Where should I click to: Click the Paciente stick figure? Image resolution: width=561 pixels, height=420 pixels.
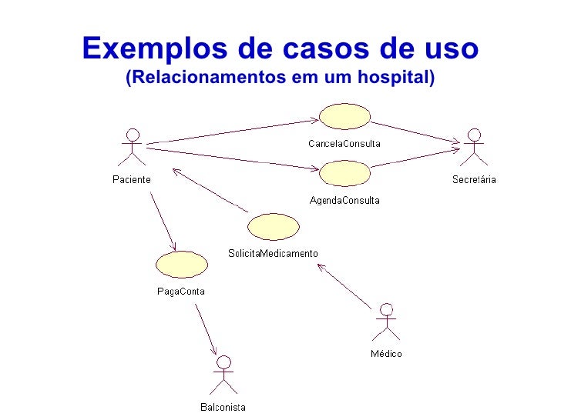(133, 147)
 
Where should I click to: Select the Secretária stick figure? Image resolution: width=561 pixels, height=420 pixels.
(474, 147)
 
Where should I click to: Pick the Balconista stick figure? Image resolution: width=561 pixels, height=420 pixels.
(223, 375)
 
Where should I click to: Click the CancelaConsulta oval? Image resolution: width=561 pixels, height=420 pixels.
(344, 117)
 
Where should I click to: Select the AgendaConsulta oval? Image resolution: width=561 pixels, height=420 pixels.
(344, 173)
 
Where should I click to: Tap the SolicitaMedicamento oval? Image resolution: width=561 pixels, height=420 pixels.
(273, 227)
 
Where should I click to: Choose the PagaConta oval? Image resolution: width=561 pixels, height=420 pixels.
(181, 264)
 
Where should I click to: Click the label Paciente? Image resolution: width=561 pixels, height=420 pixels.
(132, 179)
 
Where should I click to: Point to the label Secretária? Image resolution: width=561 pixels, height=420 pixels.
(474, 180)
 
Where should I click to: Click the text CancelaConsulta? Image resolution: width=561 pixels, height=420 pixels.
(344, 143)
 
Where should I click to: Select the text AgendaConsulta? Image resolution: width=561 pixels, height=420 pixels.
(344, 200)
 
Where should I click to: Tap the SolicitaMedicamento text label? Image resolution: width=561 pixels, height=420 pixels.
(273, 254)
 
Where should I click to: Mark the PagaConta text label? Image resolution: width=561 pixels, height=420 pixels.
(181, 291)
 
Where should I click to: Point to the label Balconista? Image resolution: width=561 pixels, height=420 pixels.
(223, 407)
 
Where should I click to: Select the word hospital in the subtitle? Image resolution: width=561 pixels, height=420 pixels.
(395, 78)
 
